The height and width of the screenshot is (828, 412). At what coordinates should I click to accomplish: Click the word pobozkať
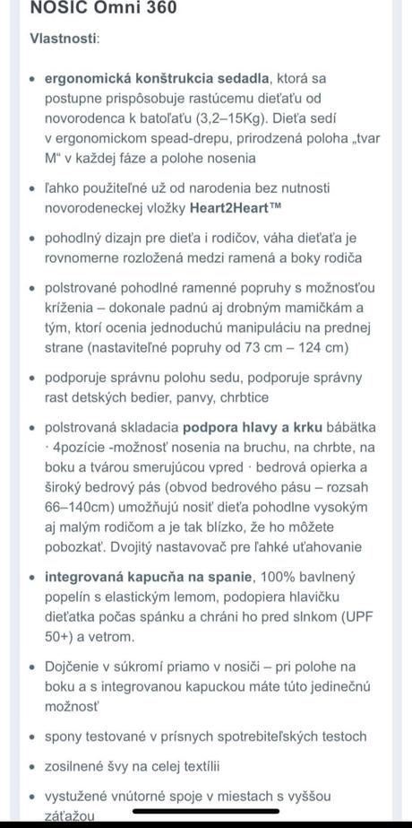click(73, 546)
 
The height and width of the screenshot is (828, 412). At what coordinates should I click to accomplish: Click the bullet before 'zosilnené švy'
click(34, 766)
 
